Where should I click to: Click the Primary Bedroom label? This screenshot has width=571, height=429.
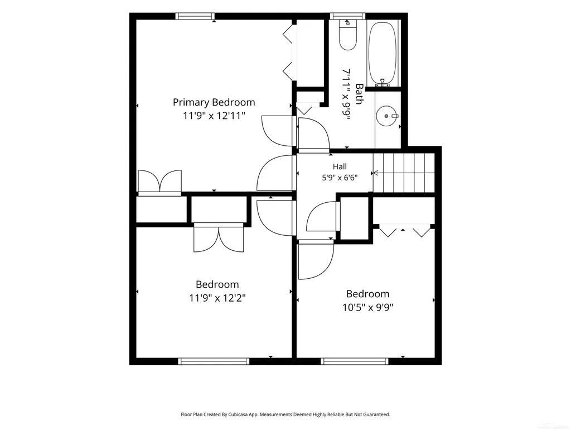214,103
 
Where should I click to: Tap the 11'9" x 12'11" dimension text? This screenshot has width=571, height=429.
214,116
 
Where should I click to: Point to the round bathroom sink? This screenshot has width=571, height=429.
386,116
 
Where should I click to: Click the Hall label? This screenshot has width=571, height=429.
340,166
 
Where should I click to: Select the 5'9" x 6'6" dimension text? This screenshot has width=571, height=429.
340,178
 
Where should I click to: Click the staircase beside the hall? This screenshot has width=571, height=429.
404,173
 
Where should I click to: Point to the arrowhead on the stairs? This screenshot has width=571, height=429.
376,173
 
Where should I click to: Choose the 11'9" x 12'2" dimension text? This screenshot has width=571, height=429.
217,298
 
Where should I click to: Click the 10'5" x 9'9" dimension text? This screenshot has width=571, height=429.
368,308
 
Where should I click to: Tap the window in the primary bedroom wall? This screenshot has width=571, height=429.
195,16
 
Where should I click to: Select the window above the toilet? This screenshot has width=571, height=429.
348,16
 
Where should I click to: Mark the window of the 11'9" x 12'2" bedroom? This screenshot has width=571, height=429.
214,361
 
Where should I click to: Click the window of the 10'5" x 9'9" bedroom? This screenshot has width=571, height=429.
354,361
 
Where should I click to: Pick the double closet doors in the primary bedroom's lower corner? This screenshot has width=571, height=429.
160,182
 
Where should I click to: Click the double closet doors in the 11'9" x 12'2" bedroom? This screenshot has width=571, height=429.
219,237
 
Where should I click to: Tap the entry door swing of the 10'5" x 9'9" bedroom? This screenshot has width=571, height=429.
316,260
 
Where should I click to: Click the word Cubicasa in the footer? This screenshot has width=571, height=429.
238,414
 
